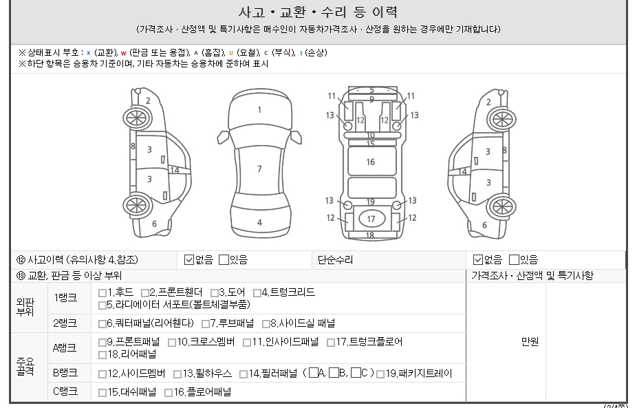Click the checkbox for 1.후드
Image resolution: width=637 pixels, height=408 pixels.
(102, 293)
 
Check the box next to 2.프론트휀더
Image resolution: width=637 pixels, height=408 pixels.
(145, 293)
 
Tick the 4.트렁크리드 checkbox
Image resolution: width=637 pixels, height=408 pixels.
(257, 293)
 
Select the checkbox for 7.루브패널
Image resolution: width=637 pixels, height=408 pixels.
(206, 324)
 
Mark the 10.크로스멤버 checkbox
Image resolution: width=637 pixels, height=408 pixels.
(172, 343)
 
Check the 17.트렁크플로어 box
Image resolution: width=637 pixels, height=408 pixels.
(331, 343)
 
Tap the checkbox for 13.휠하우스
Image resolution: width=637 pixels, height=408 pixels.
(177, 374)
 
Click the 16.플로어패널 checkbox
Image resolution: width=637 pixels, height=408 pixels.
(168, 393)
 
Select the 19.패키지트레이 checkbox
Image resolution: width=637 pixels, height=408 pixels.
(380, 374)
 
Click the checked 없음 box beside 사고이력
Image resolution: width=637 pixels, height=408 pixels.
(189, 259)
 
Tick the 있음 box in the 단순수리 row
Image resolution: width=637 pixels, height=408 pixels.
(514, 259)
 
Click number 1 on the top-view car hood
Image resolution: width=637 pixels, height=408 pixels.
(259, 109)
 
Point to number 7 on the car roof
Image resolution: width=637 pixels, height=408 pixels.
(259, 169)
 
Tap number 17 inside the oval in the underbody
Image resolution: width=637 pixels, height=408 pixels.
(371, 219)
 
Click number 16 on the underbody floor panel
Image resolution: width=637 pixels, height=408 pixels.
(371, 162)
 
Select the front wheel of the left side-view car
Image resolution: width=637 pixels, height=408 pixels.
(137, 118)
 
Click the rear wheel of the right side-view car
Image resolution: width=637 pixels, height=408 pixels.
(501, 206)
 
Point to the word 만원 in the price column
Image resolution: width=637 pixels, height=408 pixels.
(530, 342)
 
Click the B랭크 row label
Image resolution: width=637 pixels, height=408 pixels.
(65, 373)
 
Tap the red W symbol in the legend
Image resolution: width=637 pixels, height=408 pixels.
(124, 53)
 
